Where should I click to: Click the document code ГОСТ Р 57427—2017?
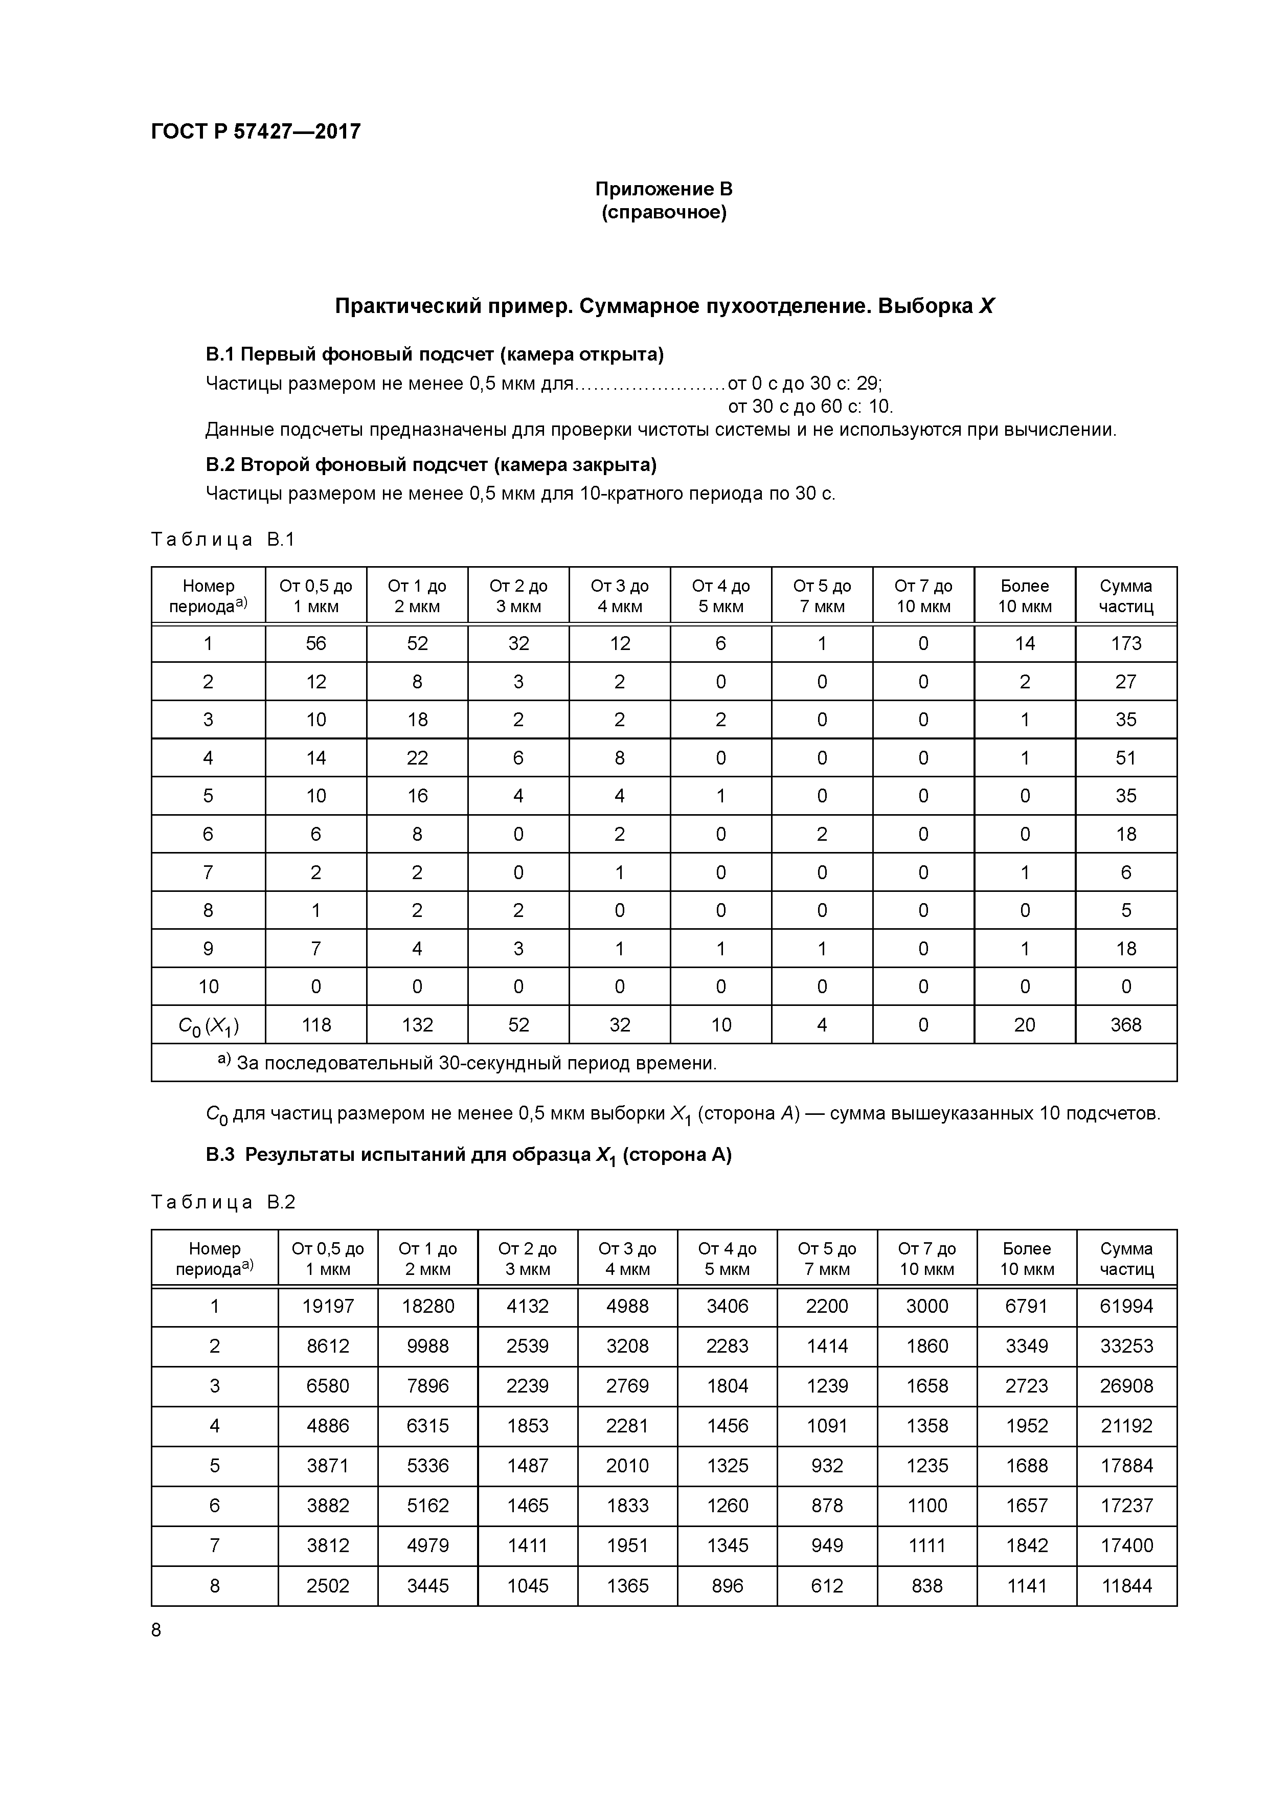click(256, 131)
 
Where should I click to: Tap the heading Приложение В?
click(663, 189)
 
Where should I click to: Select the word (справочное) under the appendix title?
click(663, 213)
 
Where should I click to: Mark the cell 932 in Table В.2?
click(827, 1466)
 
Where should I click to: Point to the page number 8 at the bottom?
click(156, 1630)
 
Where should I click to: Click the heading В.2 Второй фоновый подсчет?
click(431, 465)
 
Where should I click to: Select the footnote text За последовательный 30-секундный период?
click(476, 1063)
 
